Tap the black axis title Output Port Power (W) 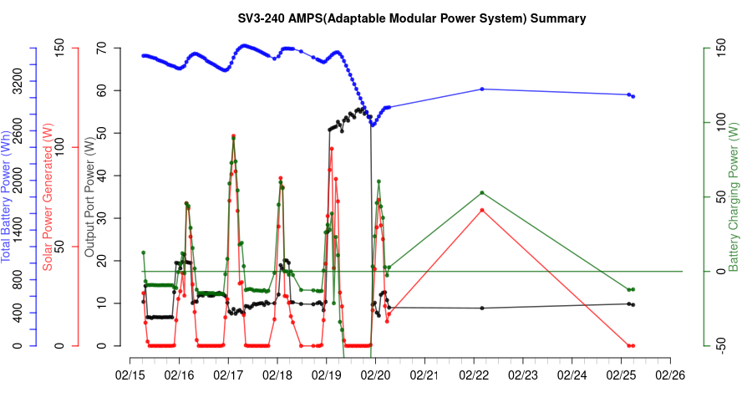[90, 196]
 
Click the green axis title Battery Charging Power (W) [734, 196]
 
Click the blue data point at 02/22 [482, 89]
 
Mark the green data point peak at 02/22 [482, 193]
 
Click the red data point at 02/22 [482, 210]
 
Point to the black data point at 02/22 [482, 308]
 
